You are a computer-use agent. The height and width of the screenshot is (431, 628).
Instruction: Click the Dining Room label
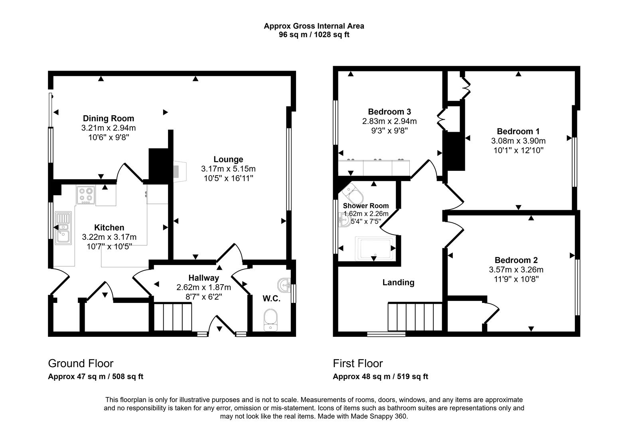pyautogui.click(x=108, y=118)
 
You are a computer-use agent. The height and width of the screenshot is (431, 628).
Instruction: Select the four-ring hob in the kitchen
pyautogui.click(x=86, y=196)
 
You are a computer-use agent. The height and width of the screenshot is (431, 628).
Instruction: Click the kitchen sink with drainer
pyautogui.click(x=63, y=228)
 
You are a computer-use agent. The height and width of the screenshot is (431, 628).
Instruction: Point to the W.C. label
pyautogui.click(x=271, y=299)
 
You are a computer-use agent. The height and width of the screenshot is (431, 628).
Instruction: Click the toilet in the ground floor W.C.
pyautogui.click(x=271, y=321)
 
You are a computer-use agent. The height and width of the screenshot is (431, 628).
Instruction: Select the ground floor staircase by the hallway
pyautogui.click(x=173, y=316)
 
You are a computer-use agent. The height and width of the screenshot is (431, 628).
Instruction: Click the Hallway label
pyautogui.click(x=203, y=278)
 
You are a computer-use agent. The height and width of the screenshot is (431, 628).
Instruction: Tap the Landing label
pyautogui.click(x=398, y=283)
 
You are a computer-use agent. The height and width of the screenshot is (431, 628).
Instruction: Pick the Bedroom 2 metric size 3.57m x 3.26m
pyautogui.click(x=516, y=270)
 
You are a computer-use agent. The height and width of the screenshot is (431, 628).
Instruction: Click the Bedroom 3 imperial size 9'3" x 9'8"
pyautogui.click(x=389, y=130)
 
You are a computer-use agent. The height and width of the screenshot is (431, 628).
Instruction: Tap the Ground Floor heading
pyautogui.click(x=81, y=363)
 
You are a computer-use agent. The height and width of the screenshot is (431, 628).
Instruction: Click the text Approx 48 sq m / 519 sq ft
pyautogui.click(x=380, y=376)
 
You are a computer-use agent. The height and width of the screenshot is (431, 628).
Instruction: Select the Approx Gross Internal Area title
pyautogui.click(x=314, y=26)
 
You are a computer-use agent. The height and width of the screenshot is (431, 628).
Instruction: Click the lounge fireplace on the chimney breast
pyautogui.click(x=177, y=170)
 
